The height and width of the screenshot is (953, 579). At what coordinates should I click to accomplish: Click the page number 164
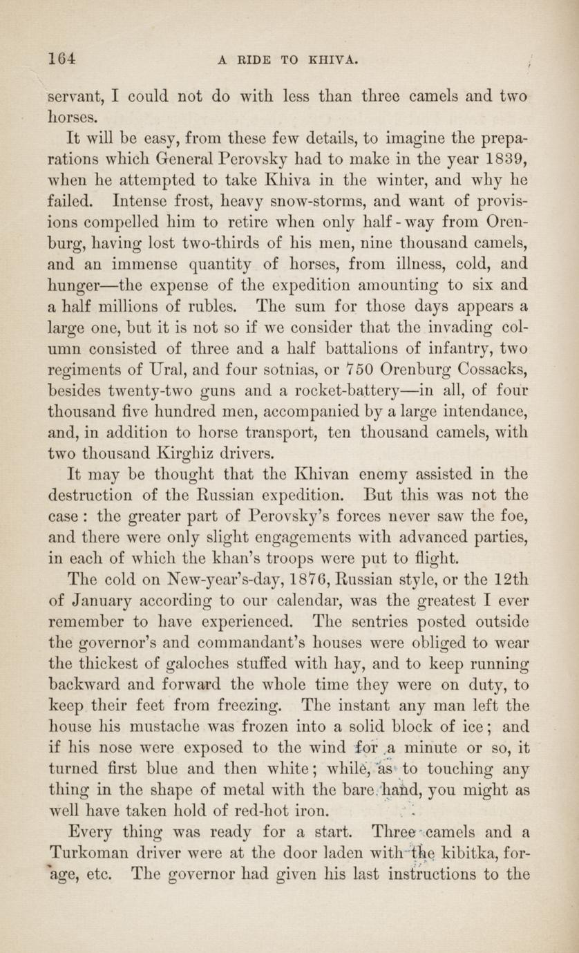tap(61, 59)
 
